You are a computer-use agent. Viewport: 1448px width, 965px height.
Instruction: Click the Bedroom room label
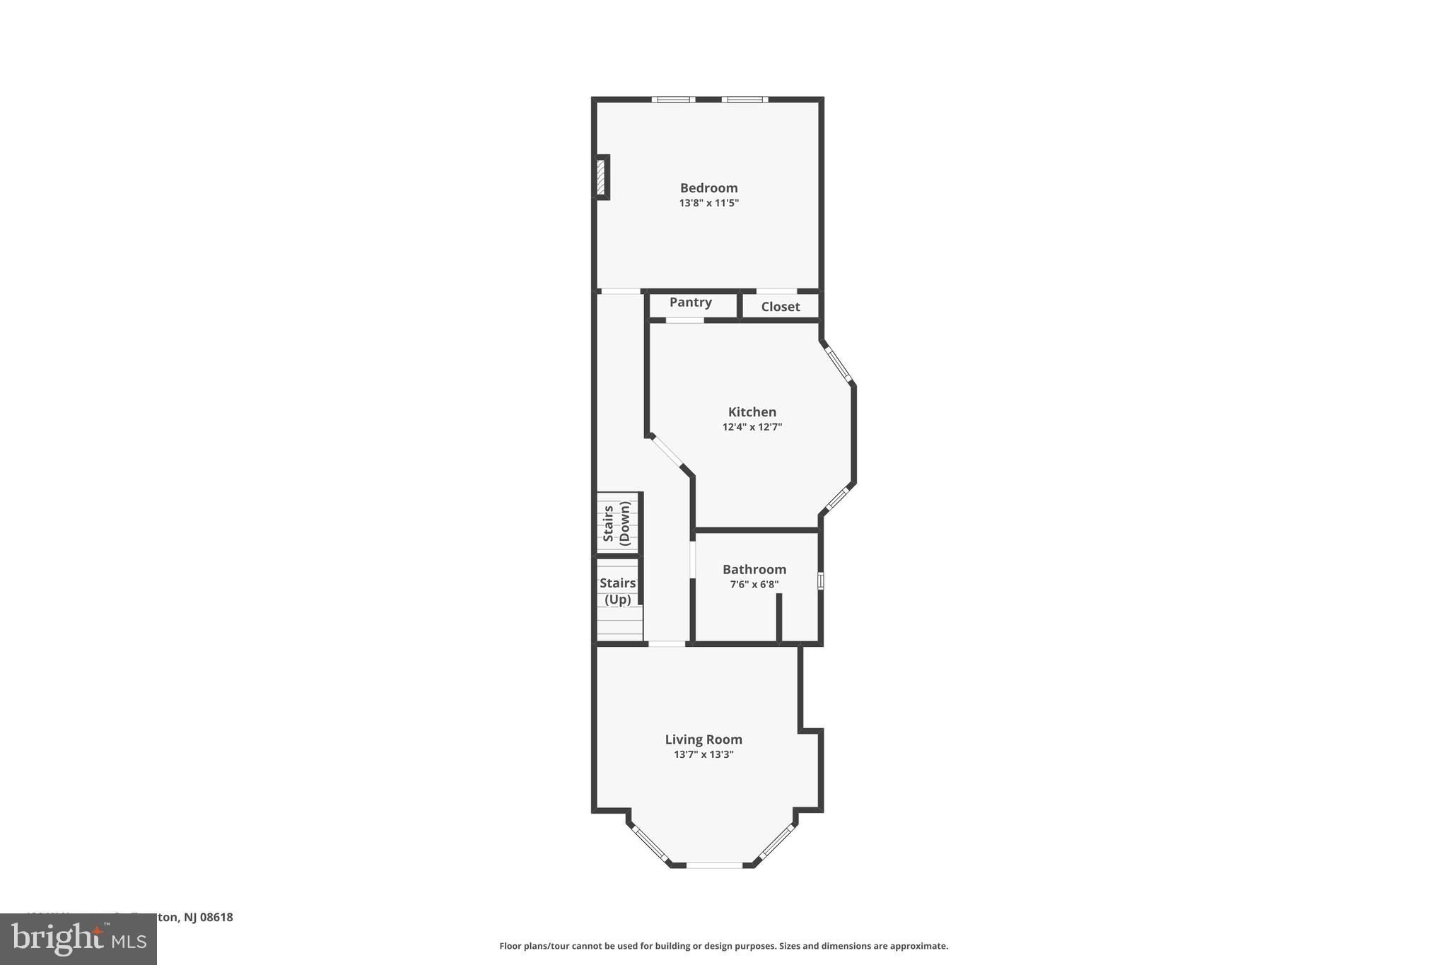(x=708, y=188)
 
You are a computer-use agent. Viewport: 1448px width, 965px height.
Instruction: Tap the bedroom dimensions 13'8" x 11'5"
(x=708, y=203)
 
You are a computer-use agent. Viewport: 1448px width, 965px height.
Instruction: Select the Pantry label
(x=690, y=303)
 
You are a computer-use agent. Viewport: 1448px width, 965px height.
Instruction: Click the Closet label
(x=781, y=307)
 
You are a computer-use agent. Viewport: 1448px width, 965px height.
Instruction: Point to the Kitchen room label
(x=752, y=412)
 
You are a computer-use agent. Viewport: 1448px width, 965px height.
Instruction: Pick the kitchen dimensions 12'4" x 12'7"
(x=752, y=427)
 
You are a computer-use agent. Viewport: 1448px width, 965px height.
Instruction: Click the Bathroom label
(x=754, y=570)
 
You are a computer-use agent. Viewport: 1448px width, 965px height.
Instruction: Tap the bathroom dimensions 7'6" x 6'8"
(x=754, y=585)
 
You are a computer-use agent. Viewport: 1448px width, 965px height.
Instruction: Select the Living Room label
(x=703, y=739)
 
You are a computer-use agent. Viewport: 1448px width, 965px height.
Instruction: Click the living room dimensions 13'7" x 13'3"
(x=703, y=754)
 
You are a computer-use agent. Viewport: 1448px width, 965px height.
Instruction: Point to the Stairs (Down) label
(x=617, y=523)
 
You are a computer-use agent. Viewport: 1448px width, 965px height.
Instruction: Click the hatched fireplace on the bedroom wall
(x=601, y=177)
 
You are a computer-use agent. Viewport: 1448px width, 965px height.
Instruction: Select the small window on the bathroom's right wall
(x=821, y=580)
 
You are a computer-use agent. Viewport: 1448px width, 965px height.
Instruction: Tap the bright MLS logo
(x=78, y=940)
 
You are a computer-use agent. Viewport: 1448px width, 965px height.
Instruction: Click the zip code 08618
(x=216, y=917)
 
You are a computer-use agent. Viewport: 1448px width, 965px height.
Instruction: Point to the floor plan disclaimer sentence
(x=723, y=946)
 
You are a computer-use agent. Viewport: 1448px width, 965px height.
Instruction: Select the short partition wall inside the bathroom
(x=779, y=618)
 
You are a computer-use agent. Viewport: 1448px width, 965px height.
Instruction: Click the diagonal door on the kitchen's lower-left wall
(x=667, y=452)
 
